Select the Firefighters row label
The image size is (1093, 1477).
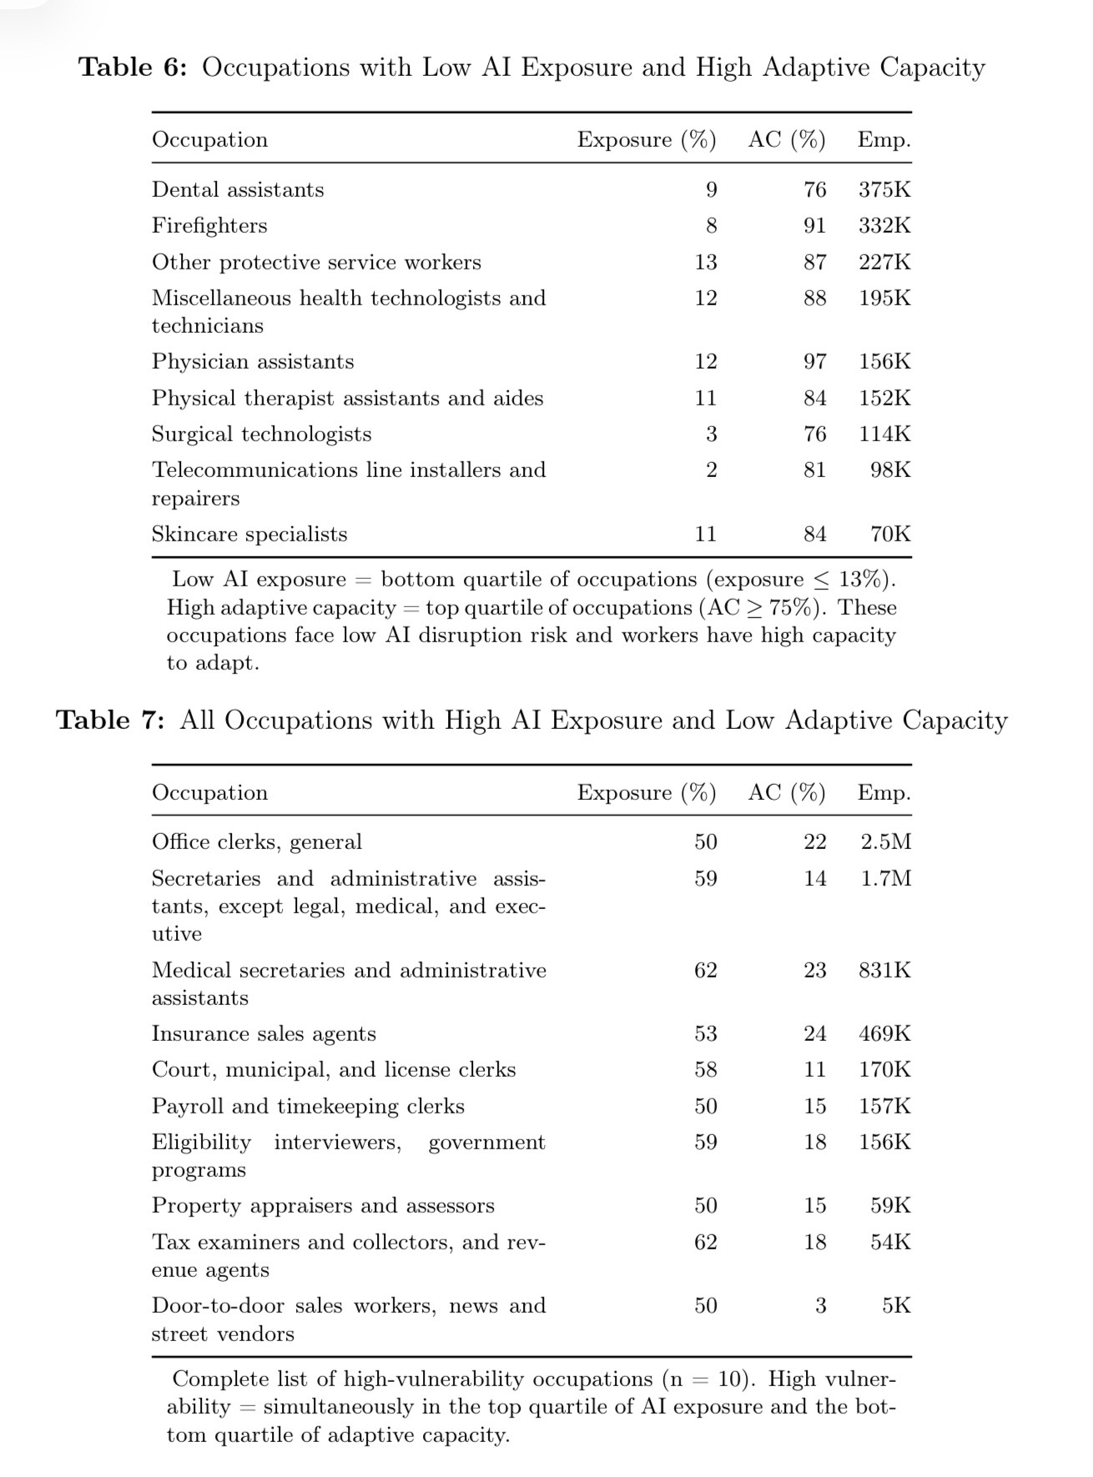(209, 226)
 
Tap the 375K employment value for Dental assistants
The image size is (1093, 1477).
(884, 190)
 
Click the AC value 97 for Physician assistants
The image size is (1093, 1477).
(814, 362)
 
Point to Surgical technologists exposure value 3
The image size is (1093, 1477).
(711, 435)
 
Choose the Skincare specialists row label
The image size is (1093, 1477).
(249, 535)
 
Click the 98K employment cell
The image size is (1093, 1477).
(890, 470)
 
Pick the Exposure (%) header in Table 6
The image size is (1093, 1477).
(646, 140)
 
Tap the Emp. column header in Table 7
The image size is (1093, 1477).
(884, 793)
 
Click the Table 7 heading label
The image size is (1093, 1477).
(110, 721)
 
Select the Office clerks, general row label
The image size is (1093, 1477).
(256, 842)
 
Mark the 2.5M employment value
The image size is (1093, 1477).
(885, 842)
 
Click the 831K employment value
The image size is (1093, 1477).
(884, 971)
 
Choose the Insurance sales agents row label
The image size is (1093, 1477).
(264, 1034)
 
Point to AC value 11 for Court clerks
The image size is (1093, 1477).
(814, 1070)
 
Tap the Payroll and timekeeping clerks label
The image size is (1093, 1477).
(308, 1107)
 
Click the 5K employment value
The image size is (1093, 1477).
(896, 1306)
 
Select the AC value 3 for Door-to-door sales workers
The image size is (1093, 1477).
(820, 1306)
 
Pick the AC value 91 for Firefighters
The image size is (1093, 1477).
(814, 226)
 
